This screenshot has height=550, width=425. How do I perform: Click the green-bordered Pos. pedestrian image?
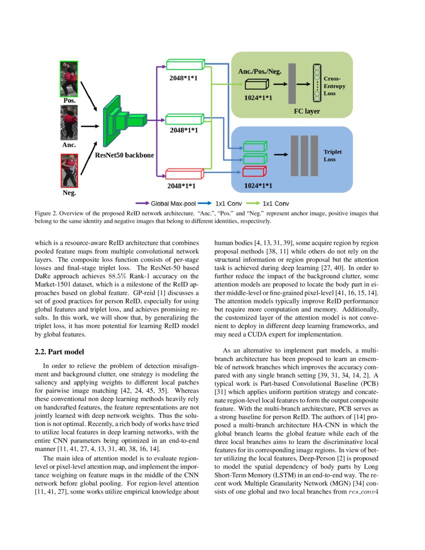coord(69,78)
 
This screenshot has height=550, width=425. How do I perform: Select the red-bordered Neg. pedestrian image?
coord(69,170)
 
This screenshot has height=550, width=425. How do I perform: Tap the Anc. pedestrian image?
coord(69,125)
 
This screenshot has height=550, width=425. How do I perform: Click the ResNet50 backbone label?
coord(124,155)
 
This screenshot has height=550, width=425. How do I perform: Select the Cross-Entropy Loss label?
coord(334,86)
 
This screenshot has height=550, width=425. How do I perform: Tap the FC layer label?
coord(306,110)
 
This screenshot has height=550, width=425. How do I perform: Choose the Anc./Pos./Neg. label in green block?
coord(259,71)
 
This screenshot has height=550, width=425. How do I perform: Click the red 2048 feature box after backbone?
coord(185,173)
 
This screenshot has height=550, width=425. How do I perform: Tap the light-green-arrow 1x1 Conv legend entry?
coord(274,203)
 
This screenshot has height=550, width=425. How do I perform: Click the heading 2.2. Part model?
coord(56,352)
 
